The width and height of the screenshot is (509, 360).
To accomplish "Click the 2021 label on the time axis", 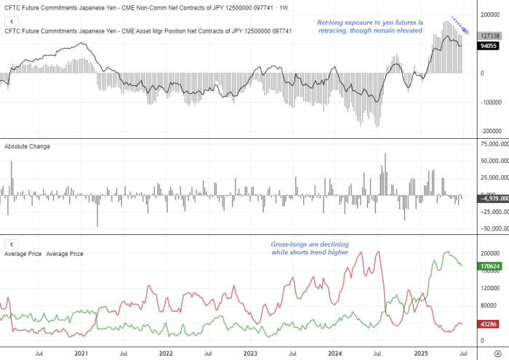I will [x=81, y=353].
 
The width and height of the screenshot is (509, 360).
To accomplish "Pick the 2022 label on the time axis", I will [x=166, y=353].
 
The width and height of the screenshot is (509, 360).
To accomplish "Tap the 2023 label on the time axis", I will [x=250, y=353].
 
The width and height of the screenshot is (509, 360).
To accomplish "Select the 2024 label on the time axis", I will [x=334, y=353].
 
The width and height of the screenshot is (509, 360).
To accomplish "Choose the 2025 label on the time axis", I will [x=419, y=353].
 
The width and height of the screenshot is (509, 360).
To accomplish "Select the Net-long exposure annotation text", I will [x=370, y=27].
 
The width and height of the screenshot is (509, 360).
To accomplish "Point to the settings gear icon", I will [x=497, y=353].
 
